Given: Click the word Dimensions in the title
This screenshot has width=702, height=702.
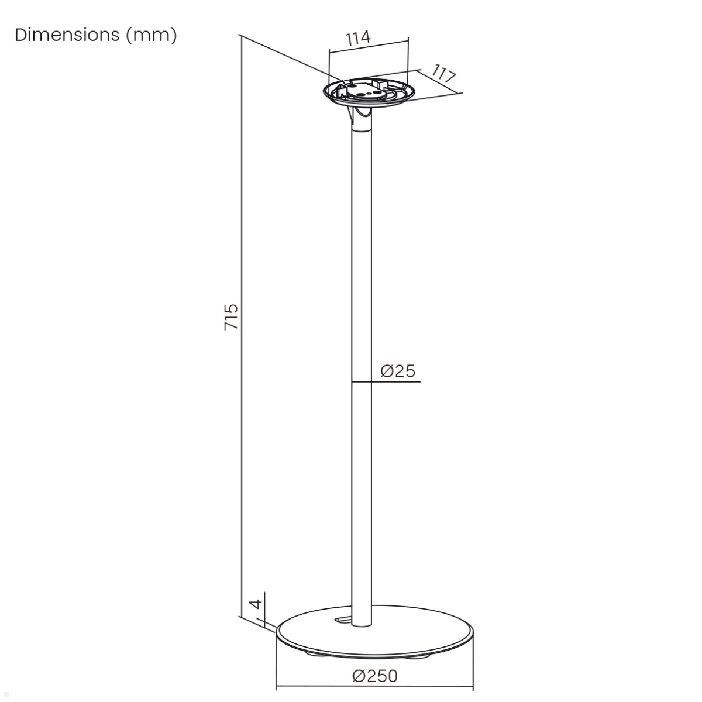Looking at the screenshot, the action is (x=67, y=35).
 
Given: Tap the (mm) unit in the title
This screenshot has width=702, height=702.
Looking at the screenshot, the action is (x=151, y=36).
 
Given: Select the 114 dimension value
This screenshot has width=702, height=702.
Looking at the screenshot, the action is (x=358, y=38).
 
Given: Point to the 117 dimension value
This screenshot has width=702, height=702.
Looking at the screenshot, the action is (x=443, y=74).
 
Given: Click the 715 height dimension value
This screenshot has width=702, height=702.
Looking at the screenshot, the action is (x=230, y=317).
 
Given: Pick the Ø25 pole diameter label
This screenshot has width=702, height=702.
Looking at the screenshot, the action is (x=397, y=371).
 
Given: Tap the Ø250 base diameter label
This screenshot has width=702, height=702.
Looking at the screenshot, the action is (x=375, y=676).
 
